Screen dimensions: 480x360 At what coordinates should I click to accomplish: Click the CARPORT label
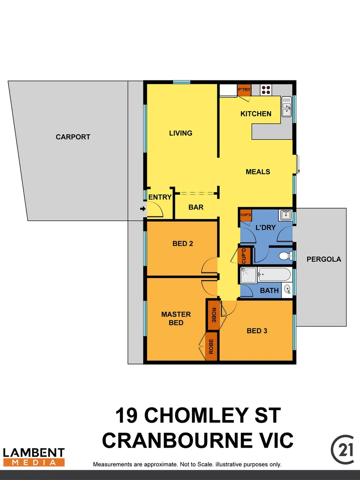(x=73, y=137)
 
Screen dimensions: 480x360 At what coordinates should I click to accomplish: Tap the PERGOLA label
(x=324, y=259)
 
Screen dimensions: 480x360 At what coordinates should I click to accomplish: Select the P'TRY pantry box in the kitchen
(x=244, y=90)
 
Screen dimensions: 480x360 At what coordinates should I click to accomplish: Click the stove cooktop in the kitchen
(x=266, y=90)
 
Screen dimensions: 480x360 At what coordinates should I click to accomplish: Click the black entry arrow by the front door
(x=142, y=208)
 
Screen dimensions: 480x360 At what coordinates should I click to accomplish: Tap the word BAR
(x=196, y=207)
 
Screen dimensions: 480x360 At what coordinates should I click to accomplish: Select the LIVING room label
(x=180, y=133)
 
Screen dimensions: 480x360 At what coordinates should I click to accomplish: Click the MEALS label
(x=258, y=172)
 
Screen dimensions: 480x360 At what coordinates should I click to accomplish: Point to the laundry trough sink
(x=286, y=216)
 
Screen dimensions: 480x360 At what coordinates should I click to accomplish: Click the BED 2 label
(x=182, y=244)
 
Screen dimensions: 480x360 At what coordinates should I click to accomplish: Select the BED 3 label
(x=256, y=331)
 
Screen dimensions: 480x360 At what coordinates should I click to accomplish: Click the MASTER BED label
(x=176, y=318)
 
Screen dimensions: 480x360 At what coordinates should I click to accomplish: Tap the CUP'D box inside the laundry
(x=246, y=215)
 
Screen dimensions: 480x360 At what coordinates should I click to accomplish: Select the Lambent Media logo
(x=34, y=457)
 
